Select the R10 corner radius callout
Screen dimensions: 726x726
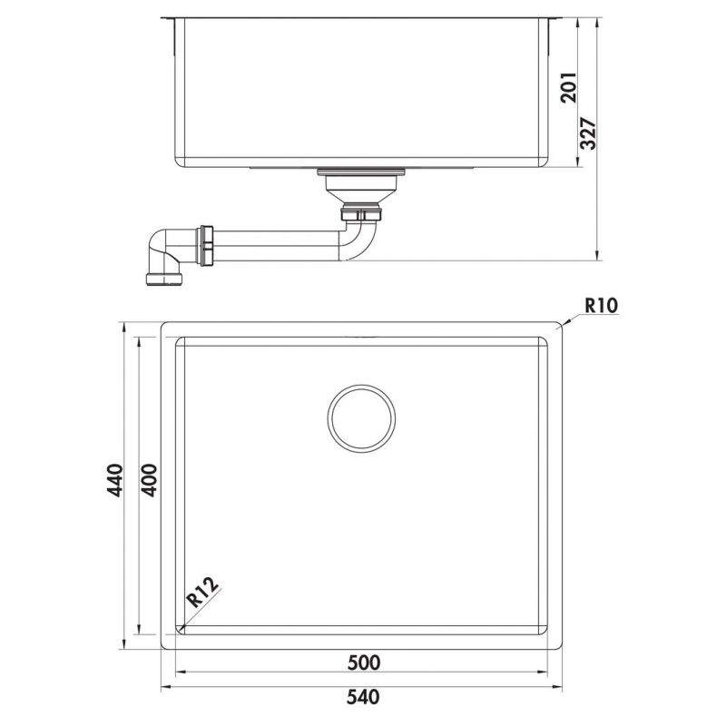click(x=601, y=305)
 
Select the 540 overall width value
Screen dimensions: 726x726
click(x=362, y=699)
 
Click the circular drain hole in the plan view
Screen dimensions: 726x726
click(x=361, y=417)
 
